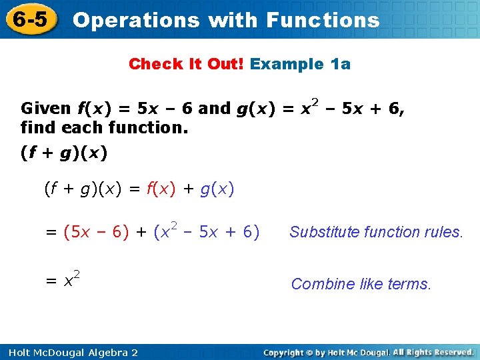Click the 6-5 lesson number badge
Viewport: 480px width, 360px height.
pyautogui.click(x=30, y=19)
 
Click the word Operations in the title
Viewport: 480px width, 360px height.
pyautogui.click(x=135, y=20)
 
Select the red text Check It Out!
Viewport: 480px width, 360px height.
pyautogui.click(x=187, y=64)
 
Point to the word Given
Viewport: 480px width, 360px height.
pyautogui.click(x=45, y=108)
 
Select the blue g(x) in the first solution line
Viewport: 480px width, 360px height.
pyautogui.click(x=217, y=189)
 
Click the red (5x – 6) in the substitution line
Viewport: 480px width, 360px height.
pyautogui.click(x=96, y=232)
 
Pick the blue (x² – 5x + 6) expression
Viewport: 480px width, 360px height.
pyautogui.click(x=206, y=231)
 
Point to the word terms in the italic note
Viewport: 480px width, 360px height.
pyautogui.click(x=409, y=284)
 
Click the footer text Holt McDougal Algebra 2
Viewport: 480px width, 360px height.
pyautogui.click(x=69, y=352)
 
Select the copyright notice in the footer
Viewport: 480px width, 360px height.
pyautogui.click(x=368, y=352)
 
